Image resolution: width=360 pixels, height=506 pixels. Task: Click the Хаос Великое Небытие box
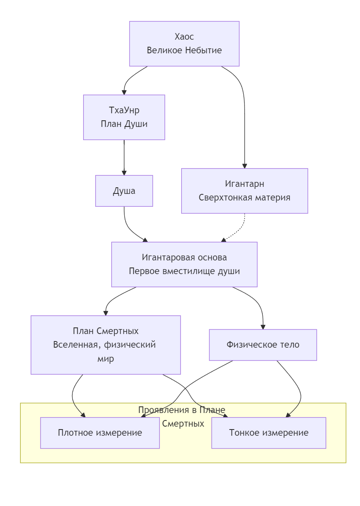click(x=184, y=44)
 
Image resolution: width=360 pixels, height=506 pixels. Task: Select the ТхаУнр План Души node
click(x=124, y=117)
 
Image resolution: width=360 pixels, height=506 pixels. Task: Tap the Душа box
click(x=124, y=191)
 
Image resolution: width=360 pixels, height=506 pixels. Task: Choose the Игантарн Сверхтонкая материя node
click(x=245, y=191)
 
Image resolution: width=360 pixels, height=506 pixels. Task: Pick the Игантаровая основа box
click(x=184, y=265)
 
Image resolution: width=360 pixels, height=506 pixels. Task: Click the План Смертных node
click(x=106, y=345)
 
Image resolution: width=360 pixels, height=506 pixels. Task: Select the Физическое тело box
click(x=263, y=345)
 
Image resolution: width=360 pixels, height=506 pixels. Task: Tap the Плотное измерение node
click(x=100, y=433)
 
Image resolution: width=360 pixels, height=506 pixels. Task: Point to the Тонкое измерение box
click(x=269, y=433)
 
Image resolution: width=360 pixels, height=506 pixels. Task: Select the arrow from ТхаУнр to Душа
click(x=124, y=157)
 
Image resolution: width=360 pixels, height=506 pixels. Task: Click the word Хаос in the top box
click(x=184, y=37)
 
